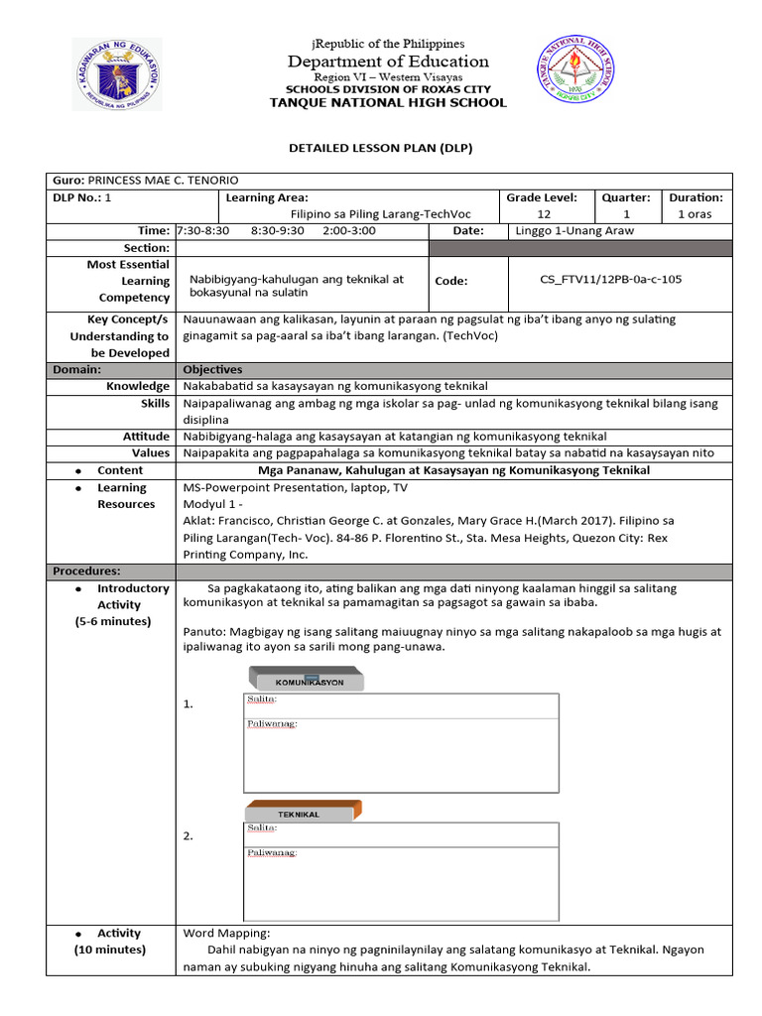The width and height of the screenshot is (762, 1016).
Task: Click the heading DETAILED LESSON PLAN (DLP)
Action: pyautogui.click(x=380, y=148)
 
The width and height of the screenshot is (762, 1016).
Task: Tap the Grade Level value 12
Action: pyautogui.click(x=544, y=214)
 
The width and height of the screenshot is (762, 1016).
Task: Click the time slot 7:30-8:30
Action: pyautogui.click(x=202, y=230)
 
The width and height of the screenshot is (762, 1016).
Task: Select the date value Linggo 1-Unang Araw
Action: pyautogui.click(x=574, y=230)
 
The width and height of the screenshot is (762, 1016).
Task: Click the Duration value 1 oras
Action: pyautogui.click(x=695, y=214)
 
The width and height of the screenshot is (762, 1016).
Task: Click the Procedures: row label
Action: pyautogui.click(x=86, y=571)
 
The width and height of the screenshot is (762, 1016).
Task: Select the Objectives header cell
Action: pyautogui.click(x=212, y=369)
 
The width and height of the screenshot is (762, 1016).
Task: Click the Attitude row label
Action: pyautogui.click(x=146, y=437)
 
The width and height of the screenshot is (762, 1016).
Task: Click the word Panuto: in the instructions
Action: pyautogui.click(x=205, y=631)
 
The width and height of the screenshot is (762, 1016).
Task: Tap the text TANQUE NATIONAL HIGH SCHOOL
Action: pyautogui.click(x=388, y=103)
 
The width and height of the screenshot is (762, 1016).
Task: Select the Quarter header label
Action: pyautogui.click(x=625, y=197)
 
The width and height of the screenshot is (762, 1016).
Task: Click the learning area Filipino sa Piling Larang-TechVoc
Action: pyautogui.click(x=380, y=214)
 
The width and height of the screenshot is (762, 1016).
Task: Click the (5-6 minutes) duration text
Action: pyautogui.click(x=113, y=621)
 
